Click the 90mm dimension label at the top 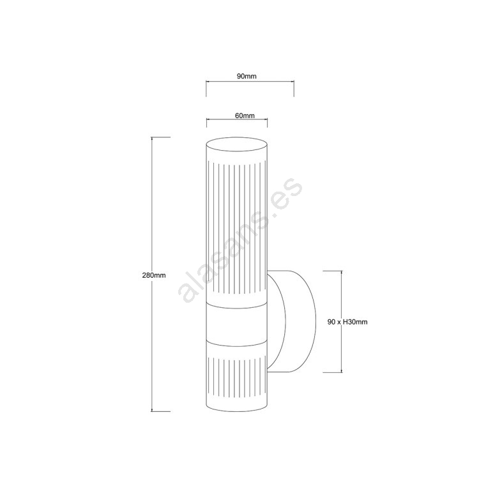coord(247,76)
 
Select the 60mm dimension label coord(245,116)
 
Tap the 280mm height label coord(154,275)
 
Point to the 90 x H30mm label coord(347,322)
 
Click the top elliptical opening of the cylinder coord(237,144)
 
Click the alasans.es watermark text coord(240,240)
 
